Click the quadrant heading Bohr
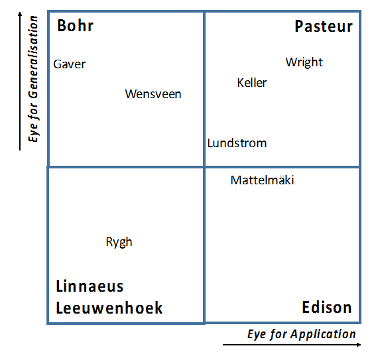tap(75, 26)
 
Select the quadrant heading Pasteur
tap(324, 27)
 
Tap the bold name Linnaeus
tap(90, 286)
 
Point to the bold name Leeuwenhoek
tap(109, 308)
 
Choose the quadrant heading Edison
tap(327, 307)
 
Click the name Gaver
tap(70, 64)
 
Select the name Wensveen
tap(153, 94)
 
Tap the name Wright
tap(304, 62)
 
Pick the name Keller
tap(252, 83)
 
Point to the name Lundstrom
tap(237, 143)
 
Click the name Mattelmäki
tap(263, 180)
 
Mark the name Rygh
tap(119, 242)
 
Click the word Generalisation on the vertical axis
tap(33, 58)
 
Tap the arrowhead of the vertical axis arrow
tap(20, 13)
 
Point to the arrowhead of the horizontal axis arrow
tap(359, 345)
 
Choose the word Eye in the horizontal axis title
tap(257, 334)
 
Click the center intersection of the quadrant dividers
tap(204, 166)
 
